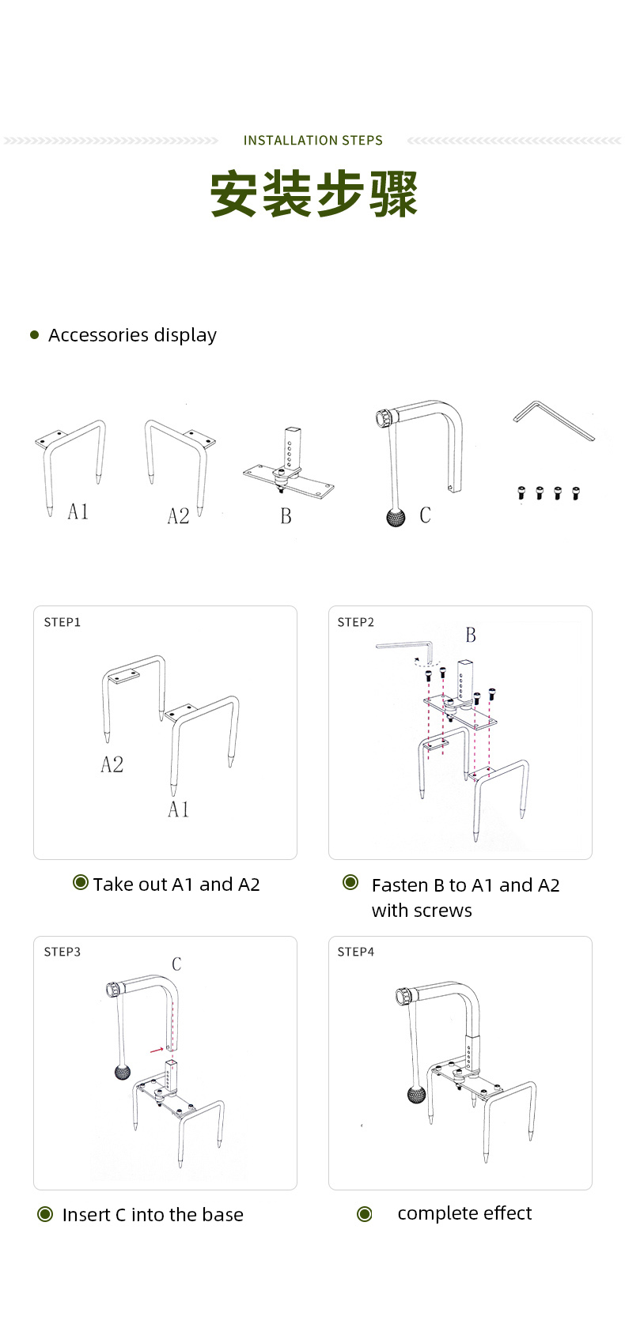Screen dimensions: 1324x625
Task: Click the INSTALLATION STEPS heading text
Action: pyautogui.click(x=312, y=141)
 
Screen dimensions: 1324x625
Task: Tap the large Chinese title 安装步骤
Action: pyautogui.click(x=313, y=194)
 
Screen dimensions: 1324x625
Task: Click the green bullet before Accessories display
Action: pyautogui.click(x=34, y=335)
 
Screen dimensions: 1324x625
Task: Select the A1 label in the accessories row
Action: pyautogui.click(x=78, y=512)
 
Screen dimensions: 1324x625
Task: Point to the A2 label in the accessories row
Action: pyautogui.click(x=178, y=516)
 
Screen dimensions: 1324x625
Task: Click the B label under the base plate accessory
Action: pyautogui.click(x=286, y=516)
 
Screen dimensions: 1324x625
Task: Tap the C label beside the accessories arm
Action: pyautogui.click(x=425, y=515)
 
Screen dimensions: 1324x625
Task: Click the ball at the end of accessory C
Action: pyautogui.click(x=396, y=518)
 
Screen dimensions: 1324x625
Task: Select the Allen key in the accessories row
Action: pyautogui.click(x=553, y=421)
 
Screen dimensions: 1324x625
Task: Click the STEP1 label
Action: pyautogui.click(x=62, y=623)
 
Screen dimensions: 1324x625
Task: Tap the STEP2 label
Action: pyautogui.click(x=356, y=623)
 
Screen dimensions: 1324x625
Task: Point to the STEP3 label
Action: pyautogui.click(x=62, y=952)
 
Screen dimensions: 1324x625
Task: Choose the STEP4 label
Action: pyautogui.click(x=356, y=952)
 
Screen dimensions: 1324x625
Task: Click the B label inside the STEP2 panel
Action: pyautogui.click(x=471, y=636)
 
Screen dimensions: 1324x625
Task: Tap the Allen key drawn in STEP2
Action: pyautogui.click(x=405, y=650)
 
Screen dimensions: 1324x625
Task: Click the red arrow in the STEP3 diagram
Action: pyautogui.click(x=156, y=1050)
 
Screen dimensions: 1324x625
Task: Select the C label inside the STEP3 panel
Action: pyautogui.click(x=176, y=964)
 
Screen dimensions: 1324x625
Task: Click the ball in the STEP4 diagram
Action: pyautogui.click(x=416, y=1095)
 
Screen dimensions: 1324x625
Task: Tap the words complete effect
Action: pyautogui.click(x=464, y=1213)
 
